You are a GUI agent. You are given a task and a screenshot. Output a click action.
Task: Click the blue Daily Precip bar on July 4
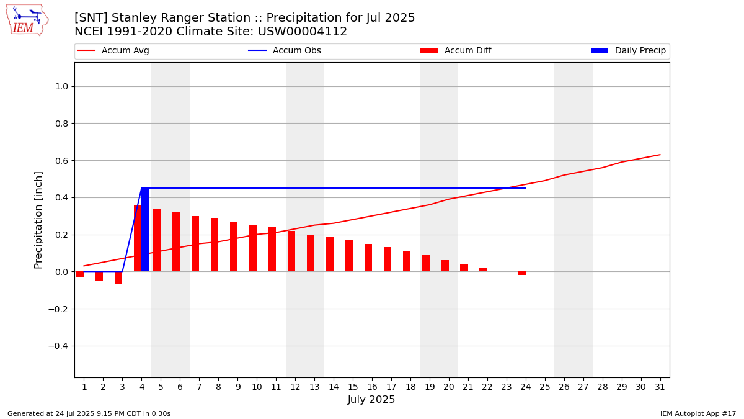[145, 230]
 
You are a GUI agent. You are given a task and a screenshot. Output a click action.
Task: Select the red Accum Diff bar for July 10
[253, 248]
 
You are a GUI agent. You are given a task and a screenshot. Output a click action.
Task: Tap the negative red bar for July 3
[118, 278]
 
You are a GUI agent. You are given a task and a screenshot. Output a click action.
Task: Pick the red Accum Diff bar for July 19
[426, 263]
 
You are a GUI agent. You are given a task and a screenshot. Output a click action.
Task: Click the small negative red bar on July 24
[522, 273]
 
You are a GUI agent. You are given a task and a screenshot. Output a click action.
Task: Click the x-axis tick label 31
[660, 387]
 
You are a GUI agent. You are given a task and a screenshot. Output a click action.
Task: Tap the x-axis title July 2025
[371, 400]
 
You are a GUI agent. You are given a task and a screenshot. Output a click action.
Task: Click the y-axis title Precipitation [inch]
[38, 220]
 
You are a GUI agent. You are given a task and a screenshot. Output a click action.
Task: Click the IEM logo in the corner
[27, 20]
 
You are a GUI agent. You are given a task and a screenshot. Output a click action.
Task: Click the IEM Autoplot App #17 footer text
[698, 413]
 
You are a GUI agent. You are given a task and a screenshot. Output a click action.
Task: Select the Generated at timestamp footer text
[89, 413]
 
